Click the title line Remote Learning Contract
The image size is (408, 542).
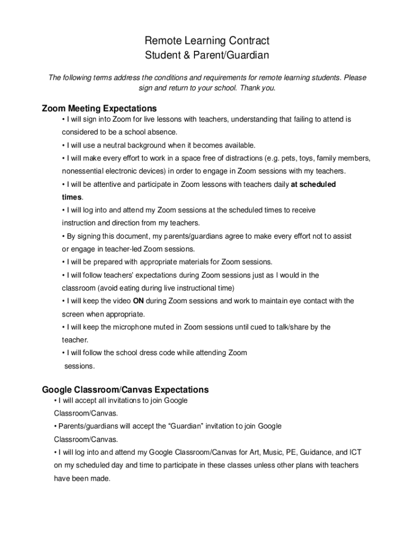[207, 41]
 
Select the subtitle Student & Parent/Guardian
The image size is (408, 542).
[207, 55]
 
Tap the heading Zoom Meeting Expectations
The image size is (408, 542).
[99, 109]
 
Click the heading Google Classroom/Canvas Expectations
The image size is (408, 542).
[125, 390]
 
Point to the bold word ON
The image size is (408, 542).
[138, 301]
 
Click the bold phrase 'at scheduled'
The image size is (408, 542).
[314, 185]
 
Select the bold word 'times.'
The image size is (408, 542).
[73, 197]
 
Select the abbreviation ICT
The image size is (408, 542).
[355, 453]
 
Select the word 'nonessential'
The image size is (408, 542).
[84, 171]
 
